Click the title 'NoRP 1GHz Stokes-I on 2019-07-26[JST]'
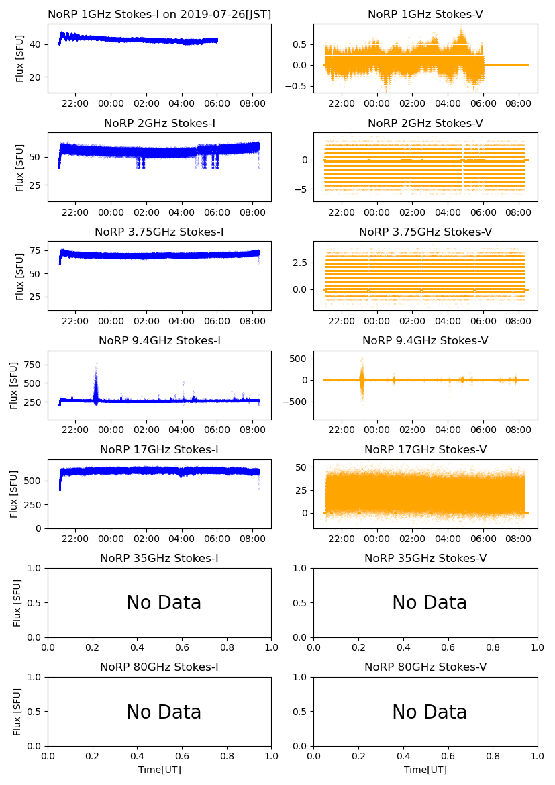coord(159,15)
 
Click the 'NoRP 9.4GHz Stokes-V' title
coord(425,341)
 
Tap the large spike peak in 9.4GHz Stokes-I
coord(96,357)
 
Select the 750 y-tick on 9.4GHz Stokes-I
coord(34,365)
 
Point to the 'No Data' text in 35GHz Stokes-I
coord(164,603)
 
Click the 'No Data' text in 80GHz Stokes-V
coord(430,712)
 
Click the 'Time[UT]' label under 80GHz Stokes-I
coord(160,770)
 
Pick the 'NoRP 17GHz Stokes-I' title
coord(159,450)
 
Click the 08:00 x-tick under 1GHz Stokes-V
coord(519,103)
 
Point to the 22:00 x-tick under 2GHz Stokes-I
coord(75,212)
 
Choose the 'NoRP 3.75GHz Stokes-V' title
coord(425,232)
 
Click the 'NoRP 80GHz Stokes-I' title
coord(159,667)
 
